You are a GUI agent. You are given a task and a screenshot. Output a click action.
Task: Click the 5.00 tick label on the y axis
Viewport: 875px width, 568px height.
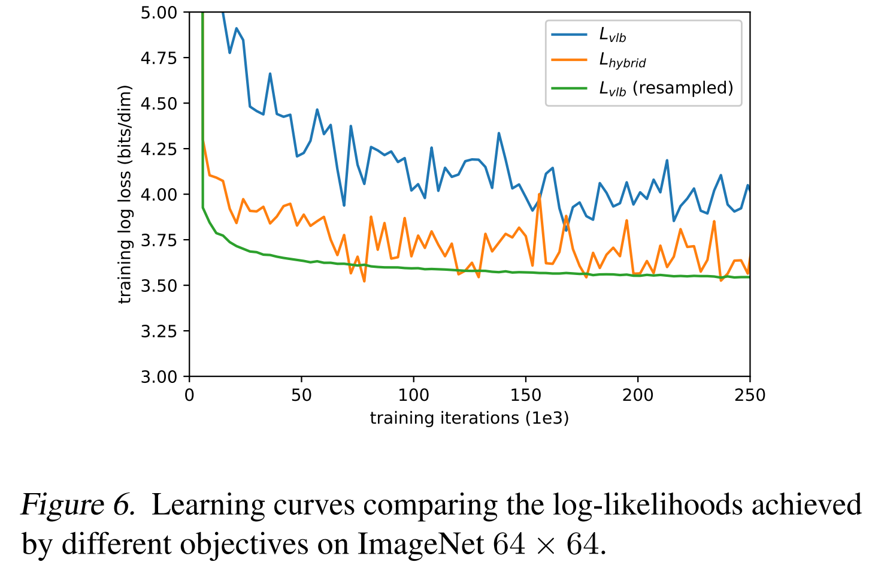coord(159,13)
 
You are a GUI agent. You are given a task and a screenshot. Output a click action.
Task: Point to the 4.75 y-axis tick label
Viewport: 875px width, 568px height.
coord(159,58)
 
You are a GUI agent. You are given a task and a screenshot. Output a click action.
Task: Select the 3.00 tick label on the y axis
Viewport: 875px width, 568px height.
coord(159,377)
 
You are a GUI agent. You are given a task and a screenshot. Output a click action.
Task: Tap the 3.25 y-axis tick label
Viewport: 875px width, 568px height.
coord(159,331)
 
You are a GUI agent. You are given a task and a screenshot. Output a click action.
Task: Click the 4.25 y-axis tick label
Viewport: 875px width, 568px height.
coord(159,149)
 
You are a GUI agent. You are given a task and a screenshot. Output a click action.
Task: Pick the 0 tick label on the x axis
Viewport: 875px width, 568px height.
coord(189,395)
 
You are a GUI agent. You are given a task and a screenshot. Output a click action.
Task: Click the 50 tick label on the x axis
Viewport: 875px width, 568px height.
coord(301,395)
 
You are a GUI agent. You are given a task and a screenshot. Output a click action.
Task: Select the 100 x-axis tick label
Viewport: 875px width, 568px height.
coord(414,395)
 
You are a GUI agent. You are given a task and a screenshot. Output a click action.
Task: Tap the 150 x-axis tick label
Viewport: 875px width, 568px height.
coord(526,395)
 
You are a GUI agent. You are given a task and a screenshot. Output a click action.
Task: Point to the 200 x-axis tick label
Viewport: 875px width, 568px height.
coord(638,395)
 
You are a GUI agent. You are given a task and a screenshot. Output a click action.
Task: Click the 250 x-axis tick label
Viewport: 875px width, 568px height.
coord(750,395)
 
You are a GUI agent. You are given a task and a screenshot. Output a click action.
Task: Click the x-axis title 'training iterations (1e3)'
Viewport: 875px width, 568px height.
coord(469,418)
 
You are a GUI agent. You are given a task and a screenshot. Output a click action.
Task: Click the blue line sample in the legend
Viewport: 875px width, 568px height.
coord(570,35)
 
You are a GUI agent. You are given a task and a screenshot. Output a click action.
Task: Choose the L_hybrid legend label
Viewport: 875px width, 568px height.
coord(622,61)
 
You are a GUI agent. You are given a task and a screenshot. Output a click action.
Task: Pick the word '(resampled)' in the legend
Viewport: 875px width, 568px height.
coord(683,88)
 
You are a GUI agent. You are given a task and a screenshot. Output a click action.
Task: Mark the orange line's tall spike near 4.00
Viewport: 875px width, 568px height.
coord(540,195)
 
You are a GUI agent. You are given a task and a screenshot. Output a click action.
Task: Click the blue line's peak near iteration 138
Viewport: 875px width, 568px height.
coord(499,134)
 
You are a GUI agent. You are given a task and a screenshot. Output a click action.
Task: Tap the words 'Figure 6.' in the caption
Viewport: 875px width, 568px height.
coord(78,505)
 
